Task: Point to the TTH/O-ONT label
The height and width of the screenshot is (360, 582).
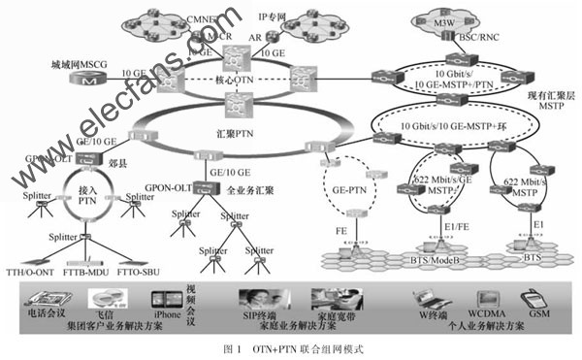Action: click(34, 277)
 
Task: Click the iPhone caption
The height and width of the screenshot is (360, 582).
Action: click(167, 315)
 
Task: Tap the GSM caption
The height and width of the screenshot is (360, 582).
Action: click(536, 315)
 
